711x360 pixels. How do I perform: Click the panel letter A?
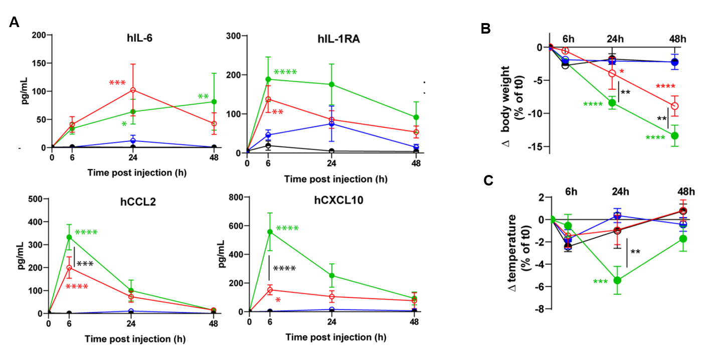(15, 22)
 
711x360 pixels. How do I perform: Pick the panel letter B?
(485, 29)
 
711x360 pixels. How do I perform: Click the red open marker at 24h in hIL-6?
(133, 90)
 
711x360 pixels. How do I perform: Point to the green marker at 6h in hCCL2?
(69, 237)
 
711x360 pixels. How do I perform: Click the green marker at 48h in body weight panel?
(675, 135)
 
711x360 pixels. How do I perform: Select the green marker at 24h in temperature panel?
(618, 280)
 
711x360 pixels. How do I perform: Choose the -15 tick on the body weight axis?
(532, 146)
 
